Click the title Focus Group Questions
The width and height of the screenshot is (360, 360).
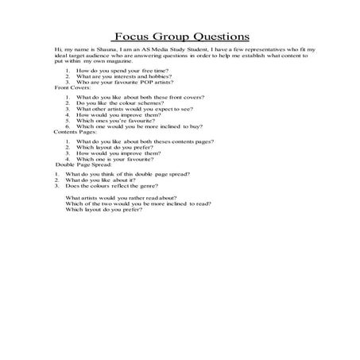[x=181, y=37]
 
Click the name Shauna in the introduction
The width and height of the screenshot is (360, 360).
[x=103, y=50]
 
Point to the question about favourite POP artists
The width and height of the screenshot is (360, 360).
[x=118, y=82]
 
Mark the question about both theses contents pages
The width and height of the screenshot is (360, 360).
[x=130, y=141]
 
